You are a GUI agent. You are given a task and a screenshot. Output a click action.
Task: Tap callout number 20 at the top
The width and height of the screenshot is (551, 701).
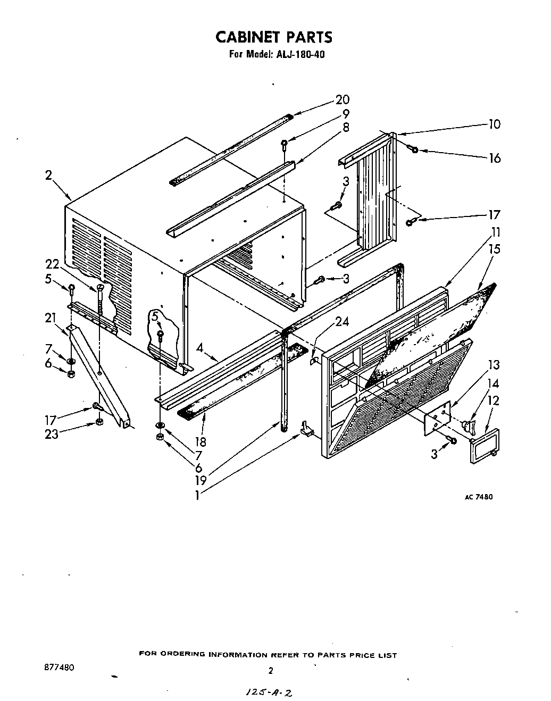[x=343, y=99]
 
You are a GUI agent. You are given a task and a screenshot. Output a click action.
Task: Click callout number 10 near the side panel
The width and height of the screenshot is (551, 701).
[x=494, y=124]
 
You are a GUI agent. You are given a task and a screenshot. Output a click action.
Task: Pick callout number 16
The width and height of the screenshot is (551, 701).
[x=494, y=158]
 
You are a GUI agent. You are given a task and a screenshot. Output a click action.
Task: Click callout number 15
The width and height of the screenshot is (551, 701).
[x=494, y=249]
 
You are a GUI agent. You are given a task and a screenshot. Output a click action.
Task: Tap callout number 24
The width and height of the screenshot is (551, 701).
[x=341, y=322]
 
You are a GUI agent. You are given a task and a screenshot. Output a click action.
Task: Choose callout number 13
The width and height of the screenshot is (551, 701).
[x=494, y=365]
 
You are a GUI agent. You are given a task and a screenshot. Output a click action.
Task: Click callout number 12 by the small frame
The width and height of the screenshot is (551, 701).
[x=494, y=400]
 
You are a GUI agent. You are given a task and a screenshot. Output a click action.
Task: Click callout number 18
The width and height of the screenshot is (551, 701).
[x=201, y=441]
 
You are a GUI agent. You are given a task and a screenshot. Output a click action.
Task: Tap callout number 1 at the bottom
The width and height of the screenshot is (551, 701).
[x=197, y=495]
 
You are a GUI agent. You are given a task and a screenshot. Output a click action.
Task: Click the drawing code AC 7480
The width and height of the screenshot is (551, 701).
[x=479, y=497]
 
